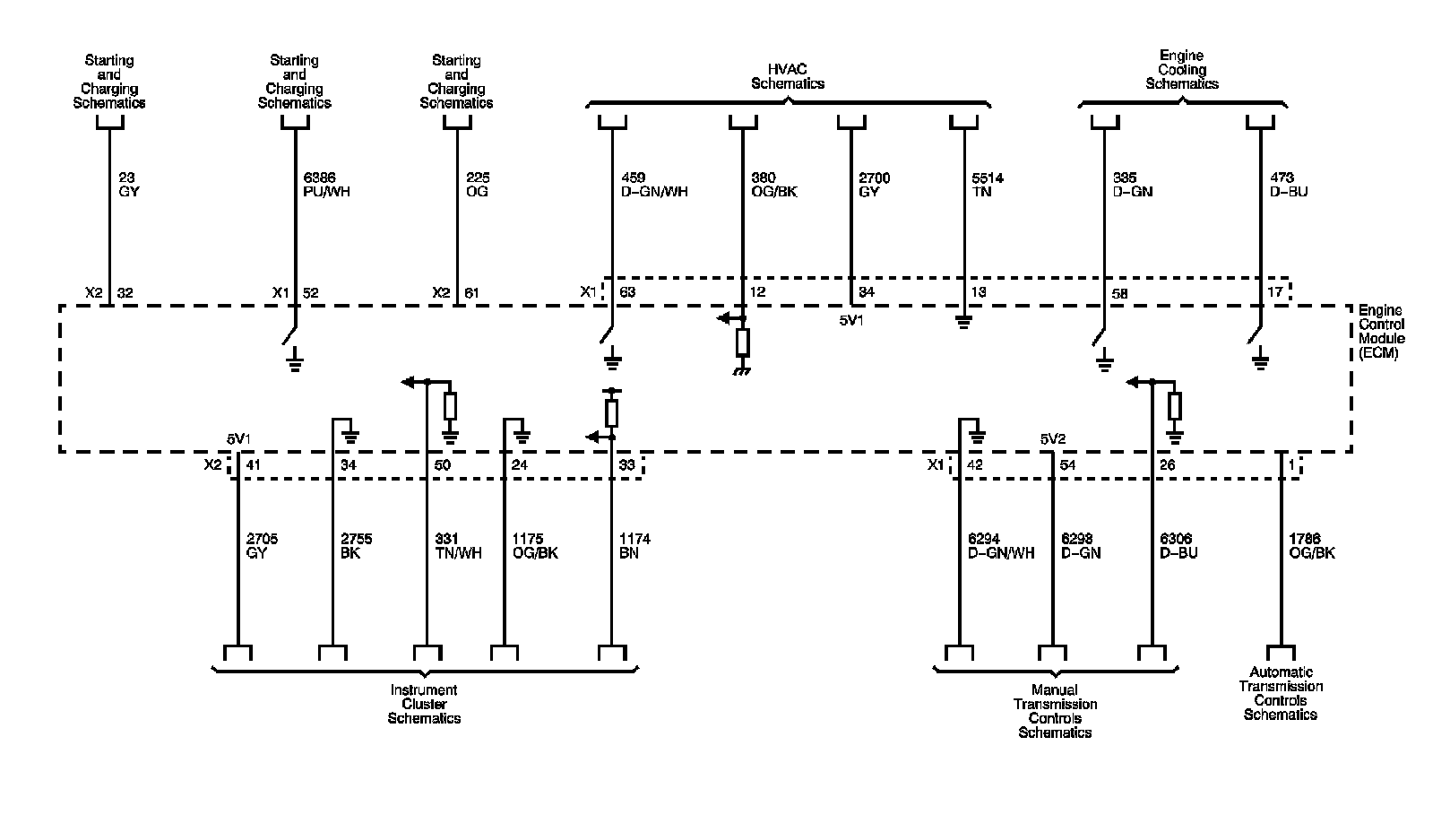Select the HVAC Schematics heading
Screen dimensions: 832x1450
[x=787, y=76]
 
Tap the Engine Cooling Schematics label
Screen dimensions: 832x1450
[x=1182, y=70]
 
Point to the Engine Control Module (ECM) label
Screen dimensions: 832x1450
[x=1381, y=331]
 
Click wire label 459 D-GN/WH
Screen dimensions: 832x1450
[x=653, y=185]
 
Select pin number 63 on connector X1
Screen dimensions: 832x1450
[x=627, y=292]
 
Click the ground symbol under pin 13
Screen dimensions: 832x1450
[x=963, y=321]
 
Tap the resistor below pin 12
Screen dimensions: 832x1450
[x=742, y=342]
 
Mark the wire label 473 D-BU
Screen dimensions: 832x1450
[x=1289, y=185]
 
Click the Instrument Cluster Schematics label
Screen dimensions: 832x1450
[x=424, y=704]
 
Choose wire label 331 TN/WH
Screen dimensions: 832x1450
[x=457, y=546]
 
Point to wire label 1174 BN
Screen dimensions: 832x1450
[x=634, y=546]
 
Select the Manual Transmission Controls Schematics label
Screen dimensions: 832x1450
[x=1055, y=711]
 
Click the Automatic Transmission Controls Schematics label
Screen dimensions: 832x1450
[x=1280, y=693]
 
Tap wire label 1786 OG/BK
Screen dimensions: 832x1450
[x=1311, y=546]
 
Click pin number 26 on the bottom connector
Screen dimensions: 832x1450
[x=1167, y=465]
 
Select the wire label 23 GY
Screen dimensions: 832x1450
[x=129, y=185]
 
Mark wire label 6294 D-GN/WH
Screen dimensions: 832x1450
[x=1001, y=546]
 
